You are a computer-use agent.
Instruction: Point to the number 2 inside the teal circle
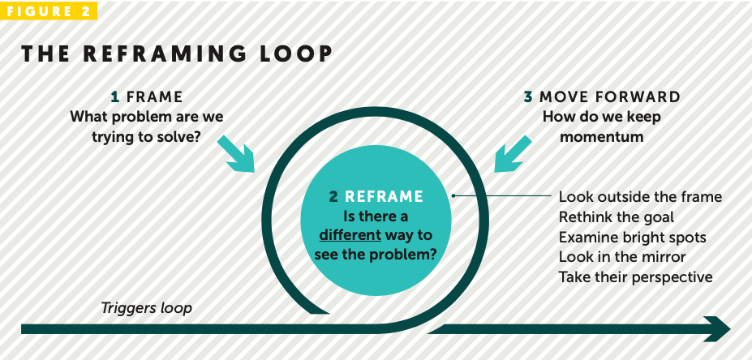pos(333,196)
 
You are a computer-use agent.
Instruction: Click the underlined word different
pos(350,235)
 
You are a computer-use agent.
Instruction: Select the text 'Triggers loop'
pos(146,308)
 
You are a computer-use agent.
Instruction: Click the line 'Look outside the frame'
pos(640,197)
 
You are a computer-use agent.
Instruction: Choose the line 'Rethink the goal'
pos(617,217)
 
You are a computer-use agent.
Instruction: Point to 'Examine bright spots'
pos(633,238)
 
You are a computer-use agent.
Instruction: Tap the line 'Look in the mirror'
pos(622,257)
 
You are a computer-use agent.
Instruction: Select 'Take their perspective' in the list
pos(635,277)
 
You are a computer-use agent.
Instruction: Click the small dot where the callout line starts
pos(454,195)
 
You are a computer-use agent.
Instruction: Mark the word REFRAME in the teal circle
pos(385,196)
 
